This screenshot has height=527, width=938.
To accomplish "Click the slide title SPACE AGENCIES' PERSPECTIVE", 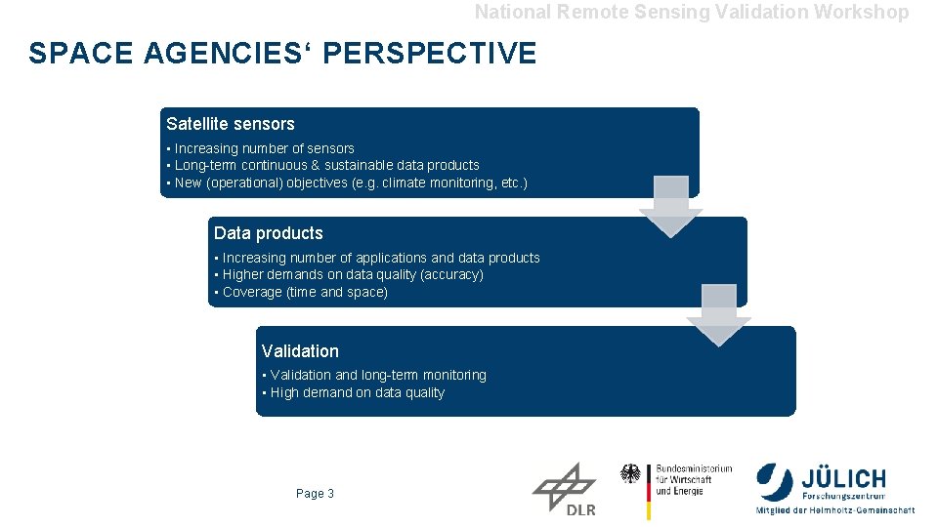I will click(x=282, y=53).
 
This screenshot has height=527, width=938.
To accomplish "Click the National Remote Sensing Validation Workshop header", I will click(x=691, y=12).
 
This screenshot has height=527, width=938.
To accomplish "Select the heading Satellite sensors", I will click(x=230, y=124).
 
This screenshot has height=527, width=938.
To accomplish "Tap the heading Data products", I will click(x=268, y=233).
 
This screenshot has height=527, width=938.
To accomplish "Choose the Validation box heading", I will click(x=300, y=351).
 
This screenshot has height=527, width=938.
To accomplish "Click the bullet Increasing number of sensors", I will click(x=262, y=148).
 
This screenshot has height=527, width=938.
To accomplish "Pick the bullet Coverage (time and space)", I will click(x=303, y=292).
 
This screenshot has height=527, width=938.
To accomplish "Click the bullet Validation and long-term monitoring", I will click(x=375, y=375).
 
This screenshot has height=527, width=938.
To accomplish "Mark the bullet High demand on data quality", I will click(x=355, y=392).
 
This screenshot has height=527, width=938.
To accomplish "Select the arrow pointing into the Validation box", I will click(x=719, y=315).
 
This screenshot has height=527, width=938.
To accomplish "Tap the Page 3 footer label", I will click(x=315, y=494).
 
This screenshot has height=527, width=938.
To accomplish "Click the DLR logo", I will click(x=566, y=490).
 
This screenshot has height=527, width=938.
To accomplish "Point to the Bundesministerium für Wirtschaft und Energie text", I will click(x=693, y=479).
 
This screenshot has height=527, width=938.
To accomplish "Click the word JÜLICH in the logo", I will click(x=843, y=479).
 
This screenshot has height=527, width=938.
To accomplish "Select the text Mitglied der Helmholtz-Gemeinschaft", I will click(x=834, y=510).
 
